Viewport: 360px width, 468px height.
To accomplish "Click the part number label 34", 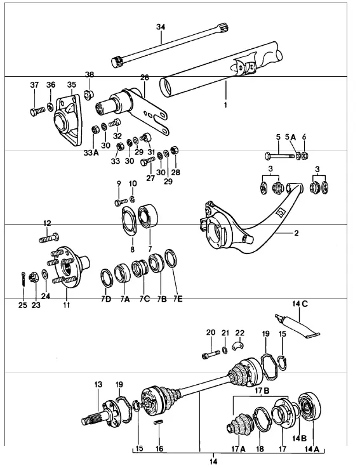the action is pyautogui.click(x=161, y=27).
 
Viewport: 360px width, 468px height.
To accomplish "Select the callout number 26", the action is pyautogui.click(x=145, y=77).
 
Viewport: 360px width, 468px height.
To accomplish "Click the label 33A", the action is pyautogui.click(x=91, y=154).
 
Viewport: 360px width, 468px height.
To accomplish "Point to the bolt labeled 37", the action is pyautogui.click(x=37, y=111).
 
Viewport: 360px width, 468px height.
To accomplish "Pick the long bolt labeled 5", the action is pyautogui.click(x=281, y=156).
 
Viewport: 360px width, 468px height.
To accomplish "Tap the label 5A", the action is pyautogui.click(x=290, y=137).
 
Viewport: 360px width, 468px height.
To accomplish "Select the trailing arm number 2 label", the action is pyautogui.click(x=296, y=233).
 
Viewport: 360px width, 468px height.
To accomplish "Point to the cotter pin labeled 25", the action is pyautogui.click(x=23, y=279).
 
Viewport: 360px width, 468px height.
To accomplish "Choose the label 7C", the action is pyautogui.click(x=145, y=299).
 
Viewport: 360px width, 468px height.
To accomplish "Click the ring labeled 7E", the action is pyautogui.click(x=171, y=258).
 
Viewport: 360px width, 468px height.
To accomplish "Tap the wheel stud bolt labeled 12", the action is pyautogui.click(x=49, y=238).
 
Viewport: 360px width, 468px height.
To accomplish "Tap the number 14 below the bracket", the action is pyautogui.click(x=213, y=462).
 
